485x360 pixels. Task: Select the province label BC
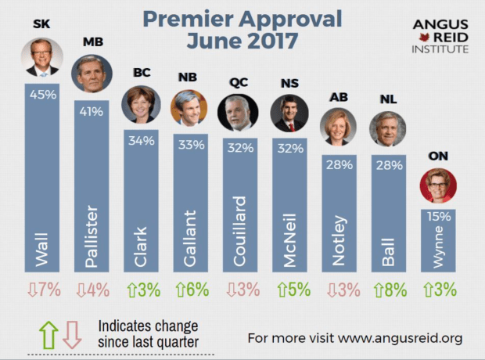tap(142, 72)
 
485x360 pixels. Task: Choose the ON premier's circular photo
tap(439, 185)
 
